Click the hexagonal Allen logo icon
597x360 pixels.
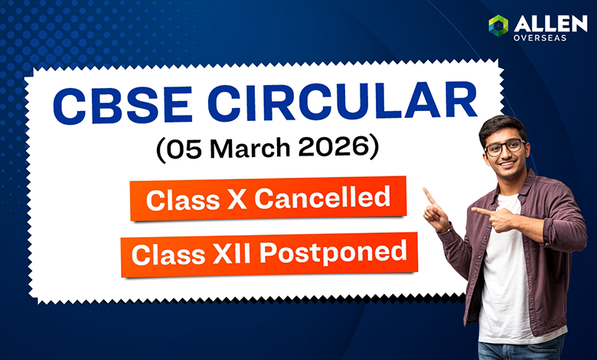[x=498, y=25]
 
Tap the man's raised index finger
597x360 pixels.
[x=429, y=196]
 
